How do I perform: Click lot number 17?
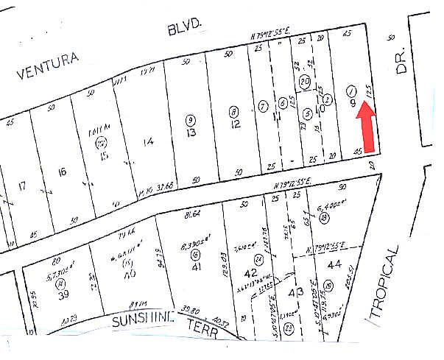(21, 185)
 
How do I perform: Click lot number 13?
(191, 133)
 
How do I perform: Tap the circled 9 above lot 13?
(191, 119)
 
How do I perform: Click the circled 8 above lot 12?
(233, 112)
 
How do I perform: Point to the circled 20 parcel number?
(304, 80)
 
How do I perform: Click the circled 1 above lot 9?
(351, 91)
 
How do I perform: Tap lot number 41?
(195, 267)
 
